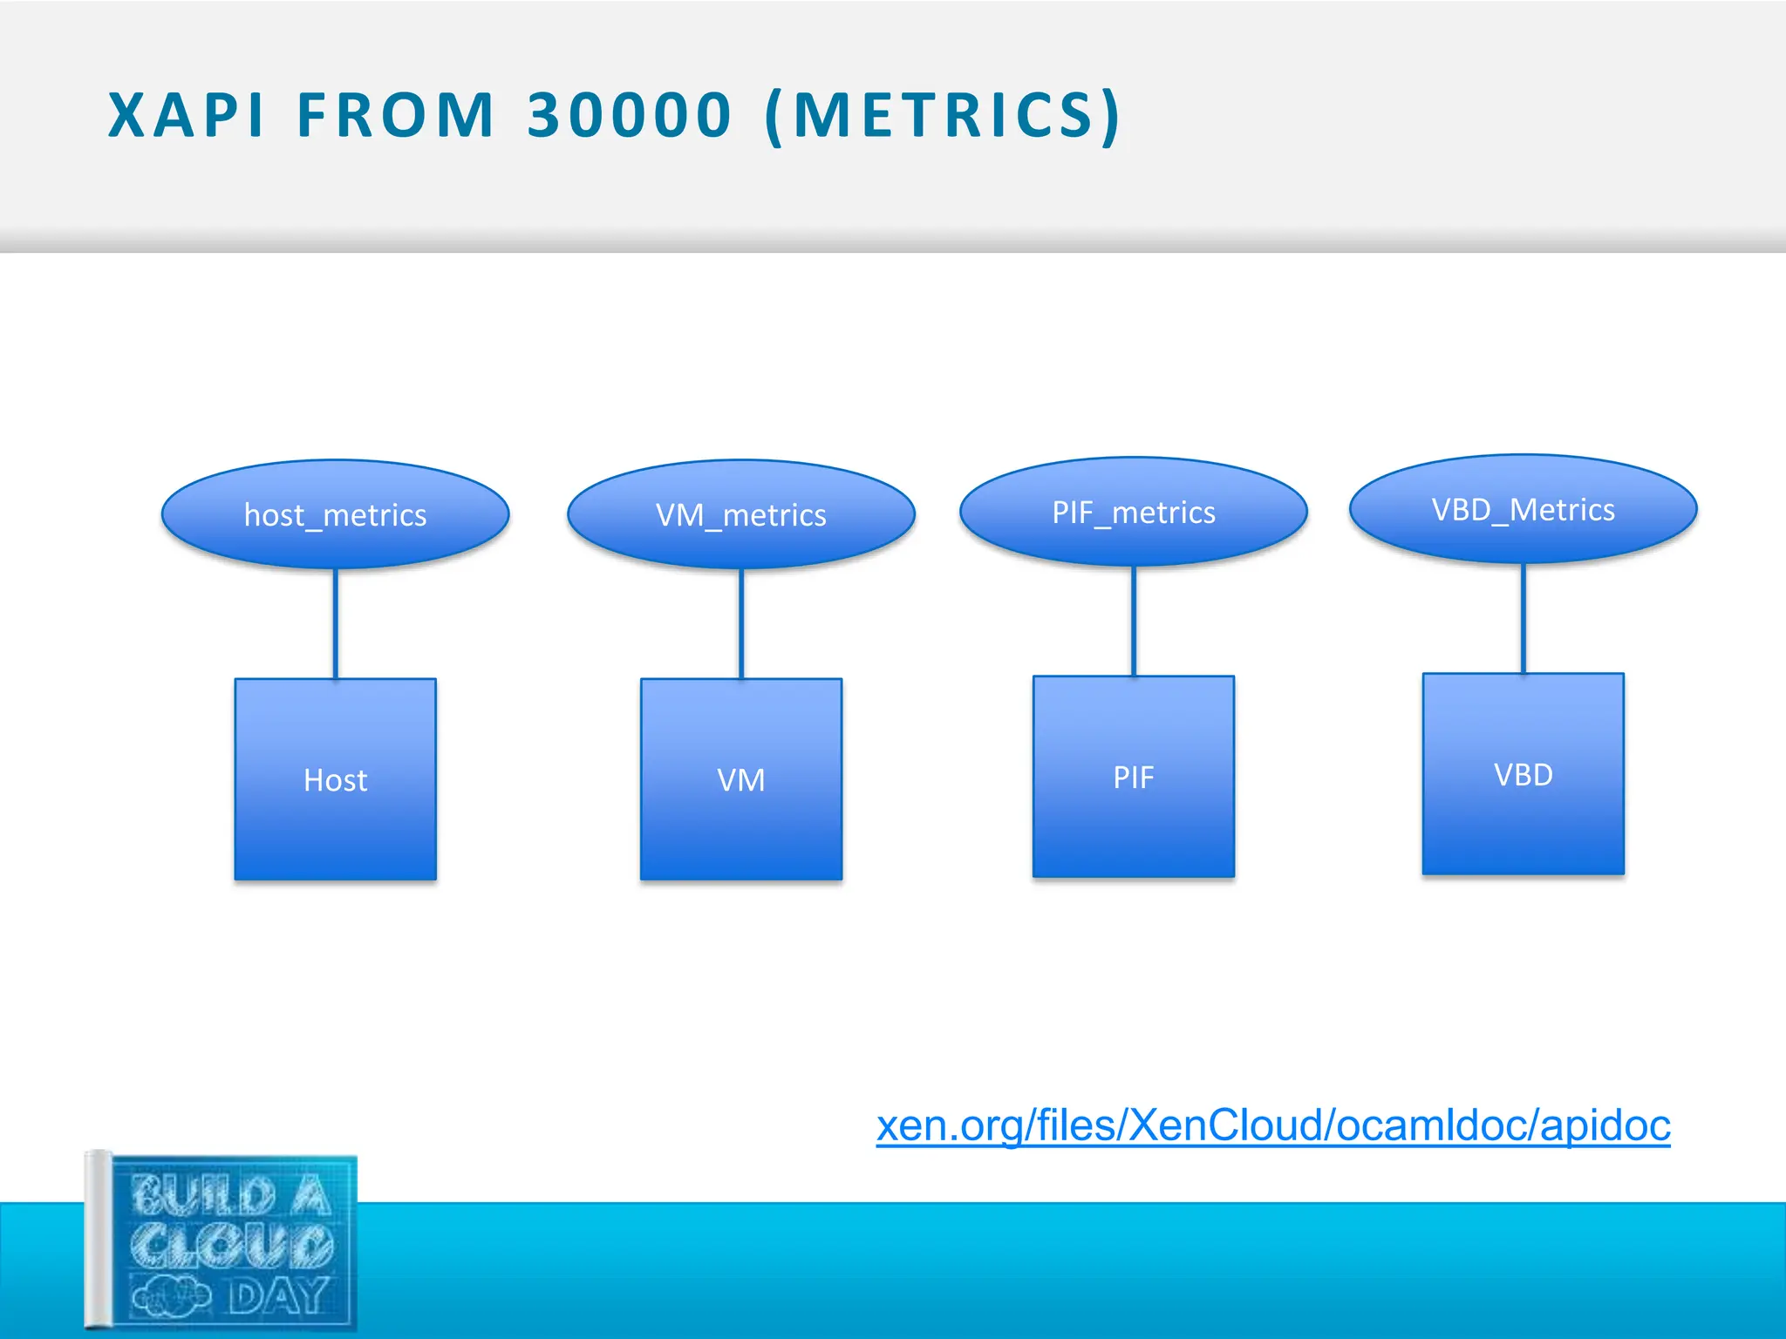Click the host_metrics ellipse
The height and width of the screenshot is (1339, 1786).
tap(335, 514)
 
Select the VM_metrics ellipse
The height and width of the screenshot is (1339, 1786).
tap(740, 514)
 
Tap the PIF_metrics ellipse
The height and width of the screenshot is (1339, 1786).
tap(1133, 512)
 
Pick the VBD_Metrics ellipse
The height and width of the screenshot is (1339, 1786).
tap(1523, 509)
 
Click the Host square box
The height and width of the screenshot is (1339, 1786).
tap(335, 779)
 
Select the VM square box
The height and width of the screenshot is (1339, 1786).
tap(740, 779)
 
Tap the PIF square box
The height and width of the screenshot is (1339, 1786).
tap(1133, 776)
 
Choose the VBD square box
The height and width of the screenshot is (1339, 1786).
tap(1523, 774)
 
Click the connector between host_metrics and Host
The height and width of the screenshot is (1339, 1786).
tap(336, 624)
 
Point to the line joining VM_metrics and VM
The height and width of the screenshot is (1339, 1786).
tap(741, 624)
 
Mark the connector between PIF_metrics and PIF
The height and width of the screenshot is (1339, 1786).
tap(1134, 621)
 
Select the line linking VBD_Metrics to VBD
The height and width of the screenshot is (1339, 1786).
tap(1524, 618)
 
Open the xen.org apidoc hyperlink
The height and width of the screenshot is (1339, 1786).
tap(1272, 1125)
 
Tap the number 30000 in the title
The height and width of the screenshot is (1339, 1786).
tap(629, 115)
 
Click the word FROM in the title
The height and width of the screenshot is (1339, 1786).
tap(396, 115)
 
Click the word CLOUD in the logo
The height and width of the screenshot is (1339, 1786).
tap(232, 1245)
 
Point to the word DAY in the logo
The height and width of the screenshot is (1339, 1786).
tap(279, 1297)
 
